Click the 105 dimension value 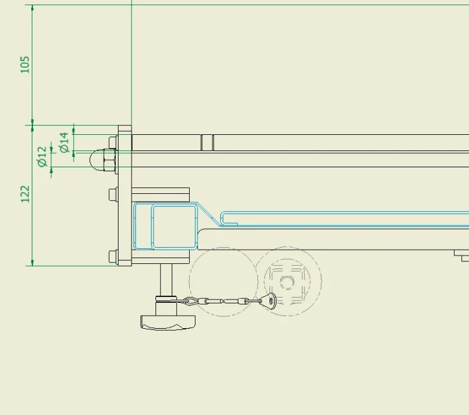[25, 64]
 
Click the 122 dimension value [25, 194]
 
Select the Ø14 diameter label [64, 143]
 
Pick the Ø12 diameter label [42, 156]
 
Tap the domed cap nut [97, 160]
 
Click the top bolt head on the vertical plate [113, 143]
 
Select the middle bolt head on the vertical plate [113, 195]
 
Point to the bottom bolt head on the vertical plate [113, 257]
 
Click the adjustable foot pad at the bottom [168, 322]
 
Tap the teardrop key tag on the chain [269, 300]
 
